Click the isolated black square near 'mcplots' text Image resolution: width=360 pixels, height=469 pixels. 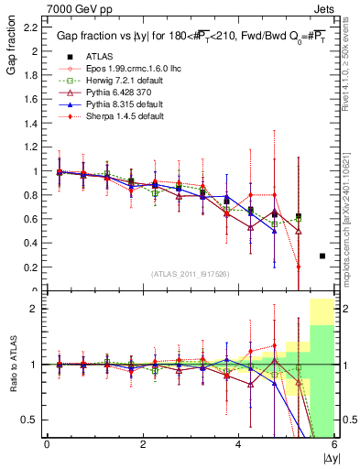click(322, 256)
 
